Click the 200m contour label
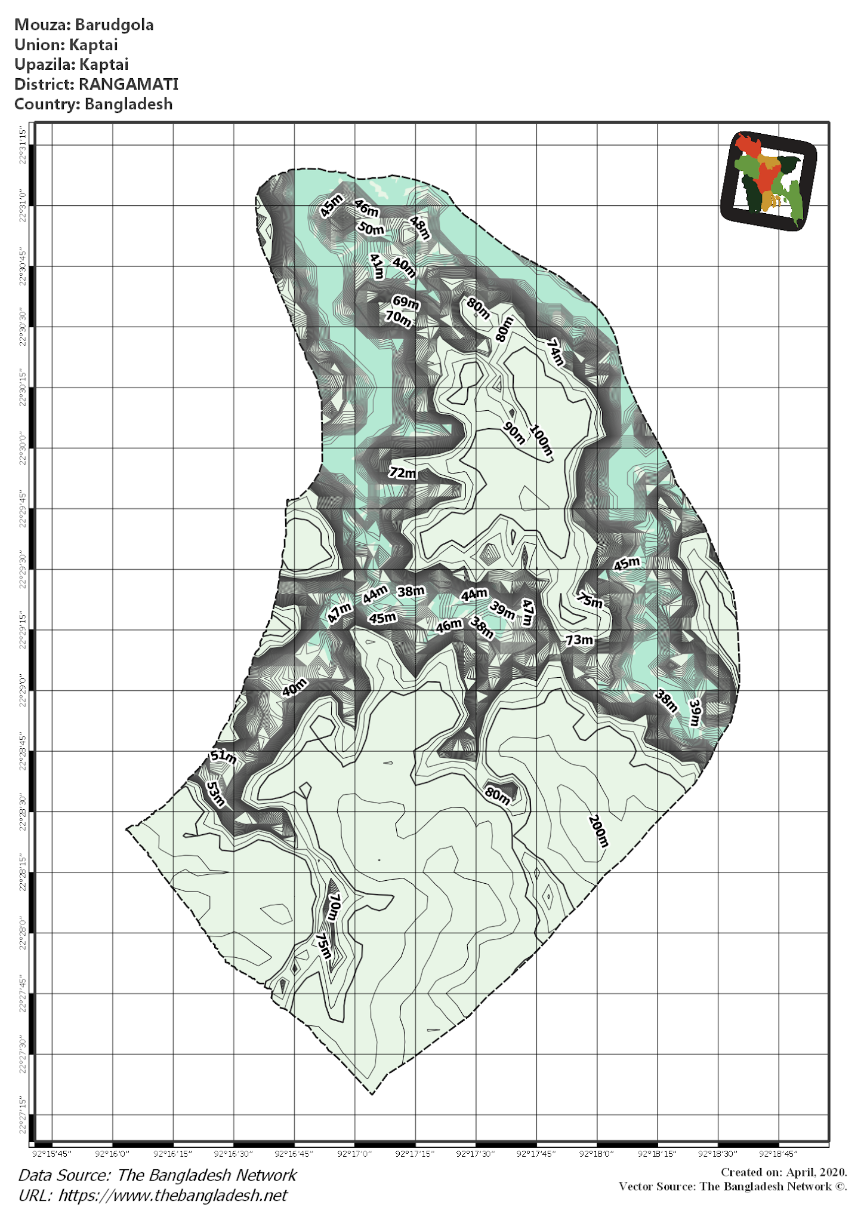598,831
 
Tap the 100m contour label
541,441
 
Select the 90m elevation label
514,433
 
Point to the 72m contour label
403,473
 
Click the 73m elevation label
579,640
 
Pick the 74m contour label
556,352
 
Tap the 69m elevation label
406,302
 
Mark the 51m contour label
223,756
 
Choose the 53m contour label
215,794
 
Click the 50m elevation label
371,228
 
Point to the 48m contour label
419,228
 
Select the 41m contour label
377,266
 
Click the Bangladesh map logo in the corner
769,180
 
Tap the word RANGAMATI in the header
128,84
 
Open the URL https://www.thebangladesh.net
173,1195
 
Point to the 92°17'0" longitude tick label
354,1153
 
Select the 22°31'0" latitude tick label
23,205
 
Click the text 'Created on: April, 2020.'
783,1172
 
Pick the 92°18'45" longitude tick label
779,1153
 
